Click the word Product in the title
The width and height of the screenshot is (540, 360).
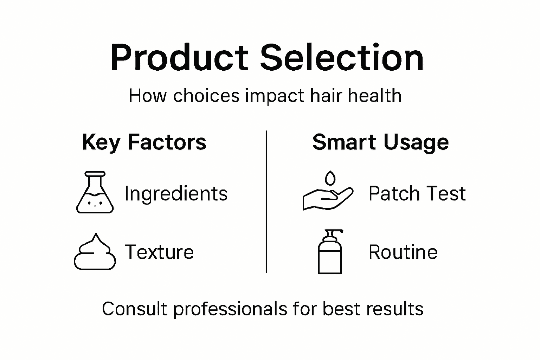point(179,58)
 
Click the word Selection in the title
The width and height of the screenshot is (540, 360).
point(342,58)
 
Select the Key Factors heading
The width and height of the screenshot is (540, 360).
point(144,142)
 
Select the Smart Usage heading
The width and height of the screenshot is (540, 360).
point(380,142)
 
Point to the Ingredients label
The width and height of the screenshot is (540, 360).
point(176,194)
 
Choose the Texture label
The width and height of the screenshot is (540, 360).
point(159,252)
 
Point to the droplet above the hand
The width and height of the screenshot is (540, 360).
point(330,178)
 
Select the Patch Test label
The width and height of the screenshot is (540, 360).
point(417,194)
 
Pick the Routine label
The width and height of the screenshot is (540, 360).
point(403,252)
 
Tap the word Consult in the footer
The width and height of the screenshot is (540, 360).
point(134,309)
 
